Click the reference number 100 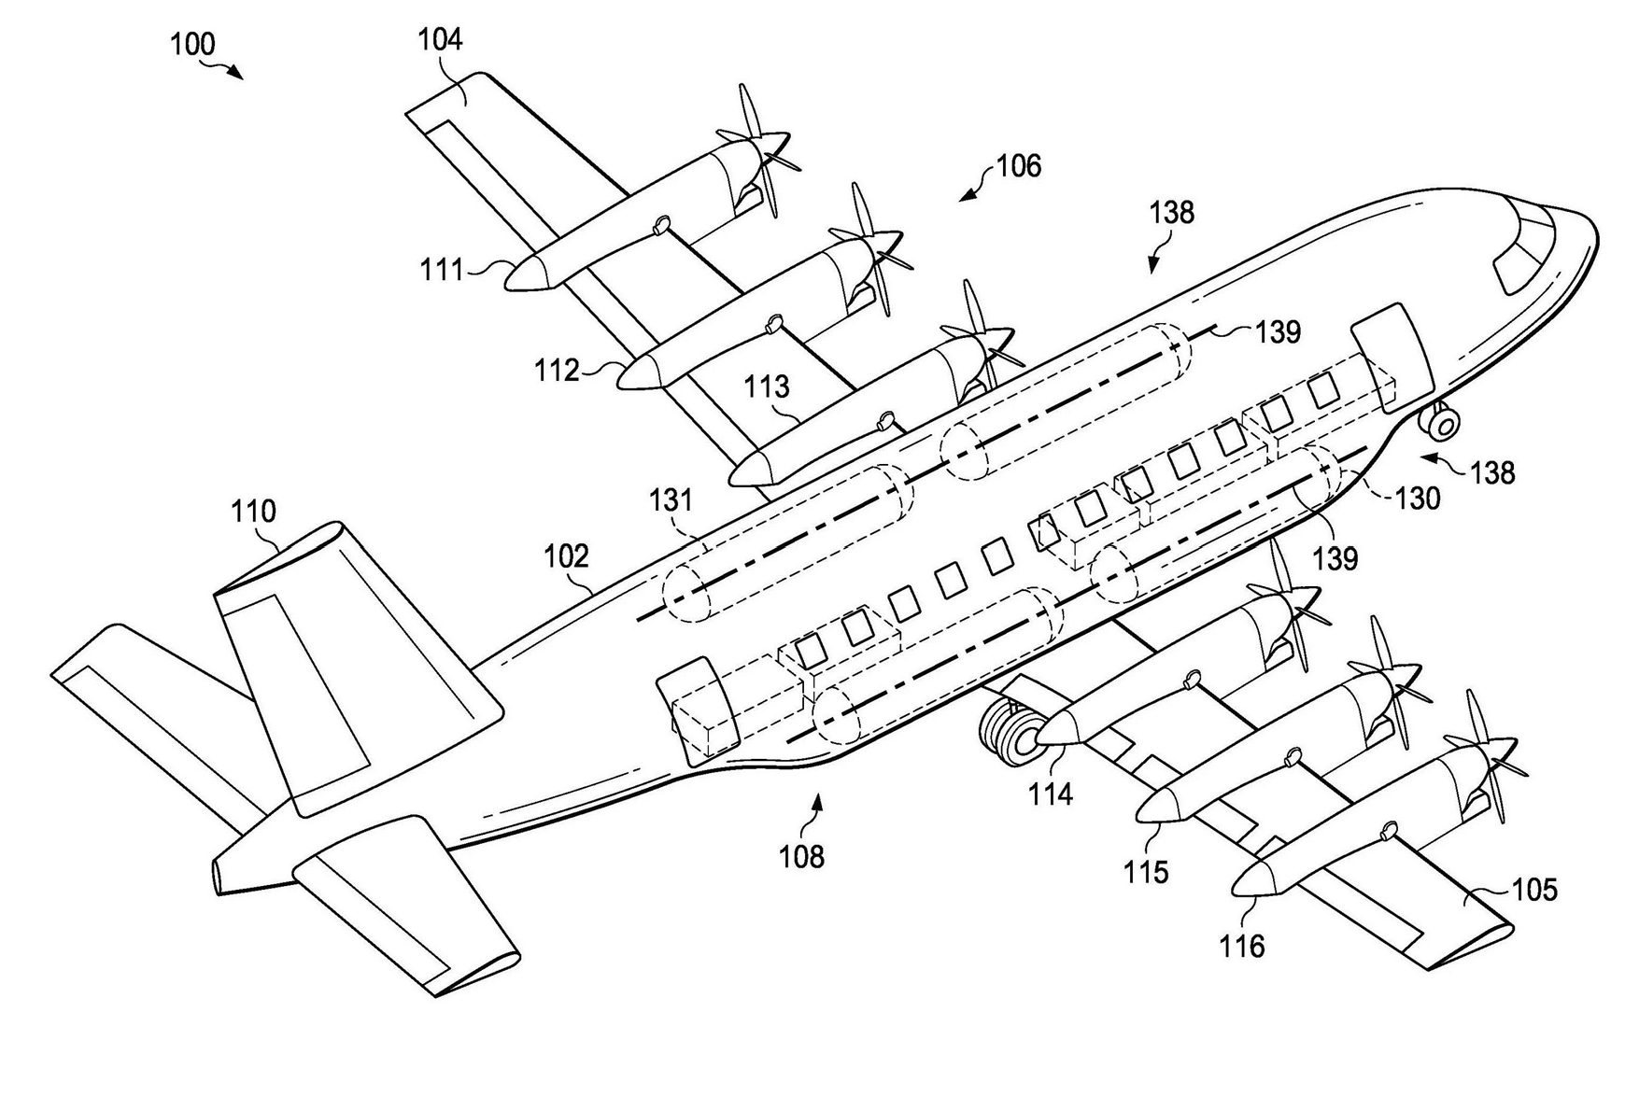pyautogui.click(x=192, y=44)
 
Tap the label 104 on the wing pyautogui.click(x=440, y=39)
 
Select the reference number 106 pyautogui.click(x=1018, y=166)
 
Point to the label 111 pyautogui.click(x=442, y=270)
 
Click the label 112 pyautogui.click(x=557, y=371)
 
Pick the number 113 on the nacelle pyautogui.click(x=767, y=386)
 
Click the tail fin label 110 pyautogui.click(x=254, y=511)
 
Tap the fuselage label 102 pyautogui.click(x=566, y=556)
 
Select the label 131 pyautogui.click(x=671, y=500)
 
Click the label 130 pyautogui.click(x=1418, y=499)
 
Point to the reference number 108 pyautogui.click(x=801, y=856)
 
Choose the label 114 pyautogui.click(x=1051, y=794)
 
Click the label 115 pyautogui.click(x=1146, y=872)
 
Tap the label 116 pyautogui.click(x=1241, y=947)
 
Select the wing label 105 pyautogui.click(x=1534, y=890)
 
